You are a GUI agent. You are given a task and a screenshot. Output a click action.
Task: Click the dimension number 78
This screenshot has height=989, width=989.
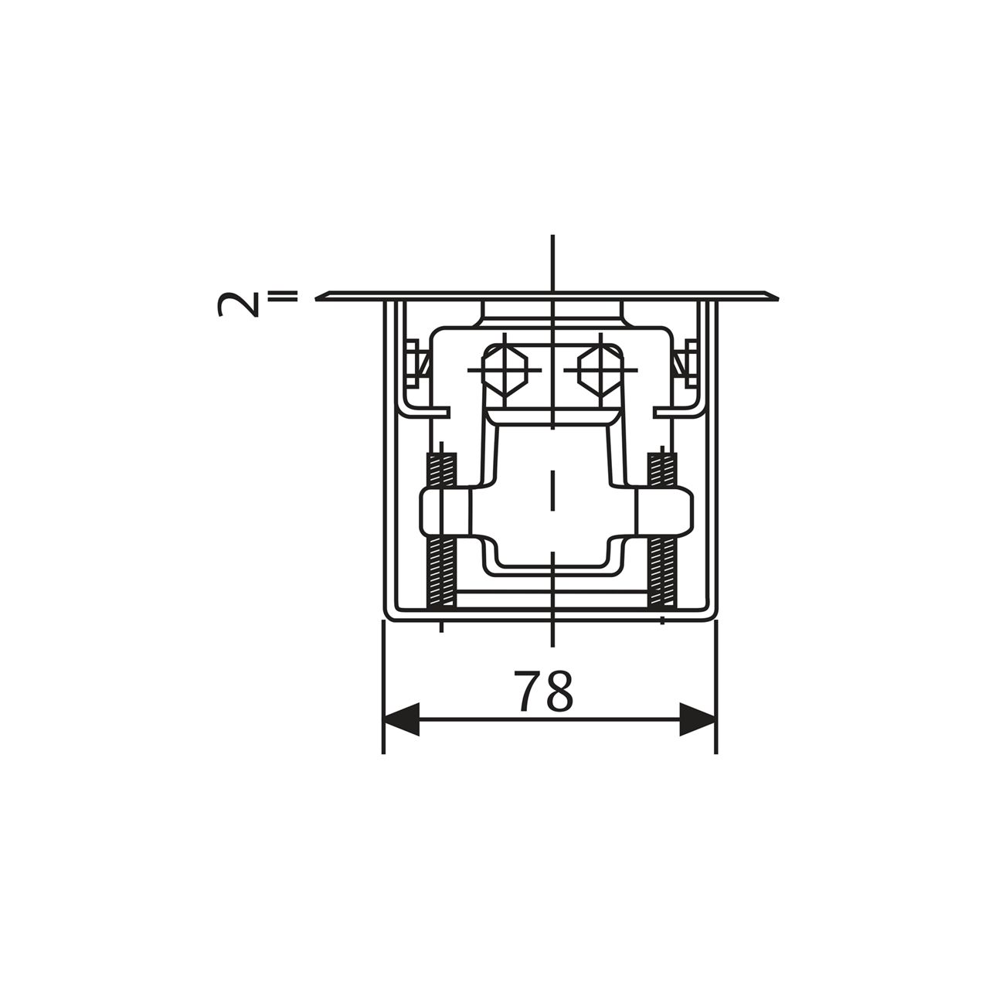click(543, 690)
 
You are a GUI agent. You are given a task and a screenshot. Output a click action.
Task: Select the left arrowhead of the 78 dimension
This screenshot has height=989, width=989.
click(401, 719)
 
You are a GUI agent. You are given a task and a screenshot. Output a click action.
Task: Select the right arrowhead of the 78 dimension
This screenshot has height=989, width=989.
click(698, 719)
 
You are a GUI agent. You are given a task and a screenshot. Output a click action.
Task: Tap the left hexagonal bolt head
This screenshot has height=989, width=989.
click(505, 369)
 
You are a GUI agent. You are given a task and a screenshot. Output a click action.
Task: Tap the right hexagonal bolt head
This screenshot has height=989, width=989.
click(600, 369)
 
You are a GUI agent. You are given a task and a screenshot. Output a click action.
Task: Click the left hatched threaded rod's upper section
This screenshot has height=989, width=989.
click(441, 469)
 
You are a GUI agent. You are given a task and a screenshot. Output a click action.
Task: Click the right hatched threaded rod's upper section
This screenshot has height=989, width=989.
click(663, 469)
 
